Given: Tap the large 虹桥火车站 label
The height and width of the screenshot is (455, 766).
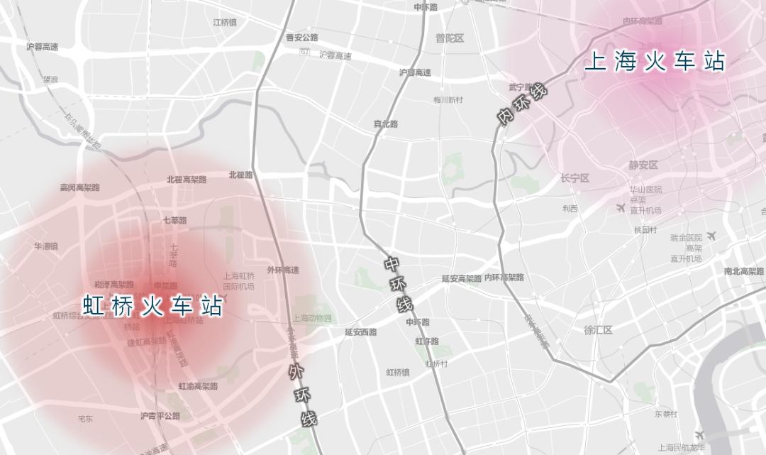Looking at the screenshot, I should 153,307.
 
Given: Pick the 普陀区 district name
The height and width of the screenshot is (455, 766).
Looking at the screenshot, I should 450,38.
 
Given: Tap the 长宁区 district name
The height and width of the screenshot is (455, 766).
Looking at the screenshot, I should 574,178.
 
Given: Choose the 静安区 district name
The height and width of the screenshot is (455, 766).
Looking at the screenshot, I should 643,165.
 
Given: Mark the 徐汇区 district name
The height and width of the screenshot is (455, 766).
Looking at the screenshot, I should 598,330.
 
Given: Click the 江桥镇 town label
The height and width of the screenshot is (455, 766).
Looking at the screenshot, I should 225,23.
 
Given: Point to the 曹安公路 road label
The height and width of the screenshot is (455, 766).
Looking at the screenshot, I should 302,38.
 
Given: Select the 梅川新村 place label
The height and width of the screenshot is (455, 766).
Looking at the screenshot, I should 448,100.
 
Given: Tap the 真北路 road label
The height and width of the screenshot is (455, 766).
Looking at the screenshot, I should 386,124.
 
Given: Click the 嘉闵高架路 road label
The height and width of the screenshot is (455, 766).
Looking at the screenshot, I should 79,187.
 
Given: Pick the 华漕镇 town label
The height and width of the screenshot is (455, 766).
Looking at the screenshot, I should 46,246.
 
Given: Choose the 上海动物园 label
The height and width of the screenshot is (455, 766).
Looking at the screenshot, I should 311,319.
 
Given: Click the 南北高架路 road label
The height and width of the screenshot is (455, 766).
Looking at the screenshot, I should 744,271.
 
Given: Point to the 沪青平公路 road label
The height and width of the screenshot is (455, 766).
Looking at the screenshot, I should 160,416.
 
